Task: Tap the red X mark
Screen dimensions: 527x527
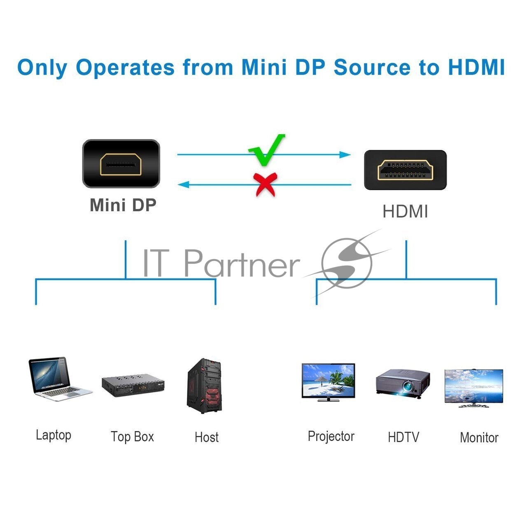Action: point(265,184)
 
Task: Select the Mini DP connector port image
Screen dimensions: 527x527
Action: point(121,163)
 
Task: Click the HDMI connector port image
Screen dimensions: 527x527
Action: point(405,170)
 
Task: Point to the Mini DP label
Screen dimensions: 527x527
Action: point(123,205)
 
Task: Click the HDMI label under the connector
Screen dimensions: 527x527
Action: point(405,212)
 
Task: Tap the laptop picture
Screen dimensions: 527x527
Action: point(60,379)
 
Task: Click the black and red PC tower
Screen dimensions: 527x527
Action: point(205,386)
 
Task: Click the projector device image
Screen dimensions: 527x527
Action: point(403,383)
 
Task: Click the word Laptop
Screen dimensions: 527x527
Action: point(54,435)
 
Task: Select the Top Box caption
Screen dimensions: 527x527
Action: point(132,437)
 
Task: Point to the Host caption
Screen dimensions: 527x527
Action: point(207,437)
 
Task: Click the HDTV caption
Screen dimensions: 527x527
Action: point(403,437)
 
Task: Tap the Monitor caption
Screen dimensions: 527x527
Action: point(479,438)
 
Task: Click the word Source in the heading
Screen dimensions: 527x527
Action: point(373,67)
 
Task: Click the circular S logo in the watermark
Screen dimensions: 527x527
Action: point(347,263)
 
